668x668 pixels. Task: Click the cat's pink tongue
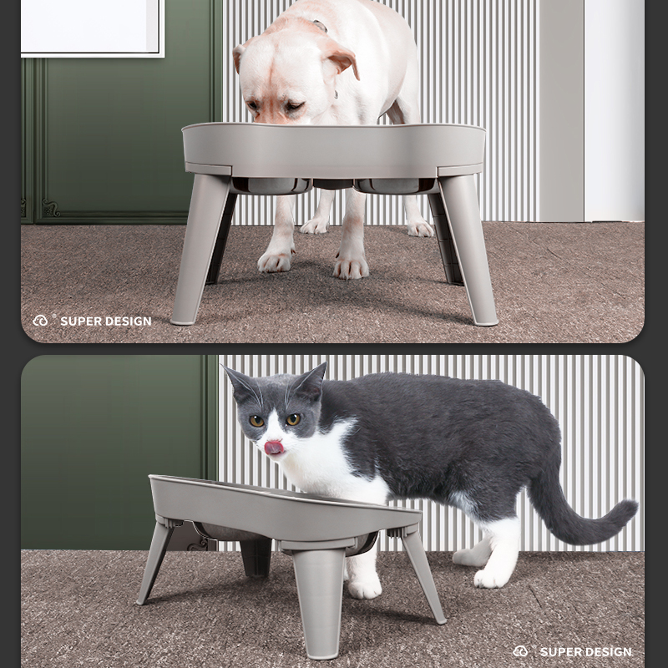274,448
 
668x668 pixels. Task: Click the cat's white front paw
364,586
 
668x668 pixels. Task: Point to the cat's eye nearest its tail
293,419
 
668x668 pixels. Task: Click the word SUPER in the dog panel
81,321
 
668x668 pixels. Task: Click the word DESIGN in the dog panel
129,321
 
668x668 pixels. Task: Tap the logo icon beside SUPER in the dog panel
41,321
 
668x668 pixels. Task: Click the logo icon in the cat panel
521,651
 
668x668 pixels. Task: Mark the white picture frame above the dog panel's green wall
92,28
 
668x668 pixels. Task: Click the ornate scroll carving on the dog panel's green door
51,208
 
